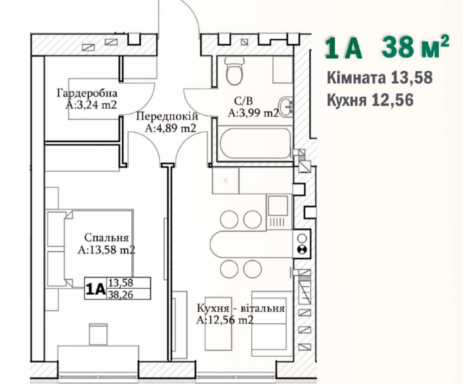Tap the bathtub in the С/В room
click(255, 143)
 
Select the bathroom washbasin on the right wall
click(287, 106)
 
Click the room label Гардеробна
click(87, 93)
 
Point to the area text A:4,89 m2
click(171, 128)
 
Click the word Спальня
click(106, 238)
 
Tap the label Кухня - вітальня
click(241, 309)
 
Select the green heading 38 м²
click(415, 47)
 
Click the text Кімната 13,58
click(380, 78)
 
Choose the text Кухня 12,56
click(370, 100)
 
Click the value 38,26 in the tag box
click(120, 294)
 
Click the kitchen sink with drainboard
click(277, 211)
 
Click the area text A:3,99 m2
click(253, 113)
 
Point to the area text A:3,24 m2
click(91, 105)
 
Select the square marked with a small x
click(225, 180)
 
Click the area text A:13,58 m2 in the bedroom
click(106, 250)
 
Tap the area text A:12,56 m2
click(225, 320)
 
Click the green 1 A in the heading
click(344, 48)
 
